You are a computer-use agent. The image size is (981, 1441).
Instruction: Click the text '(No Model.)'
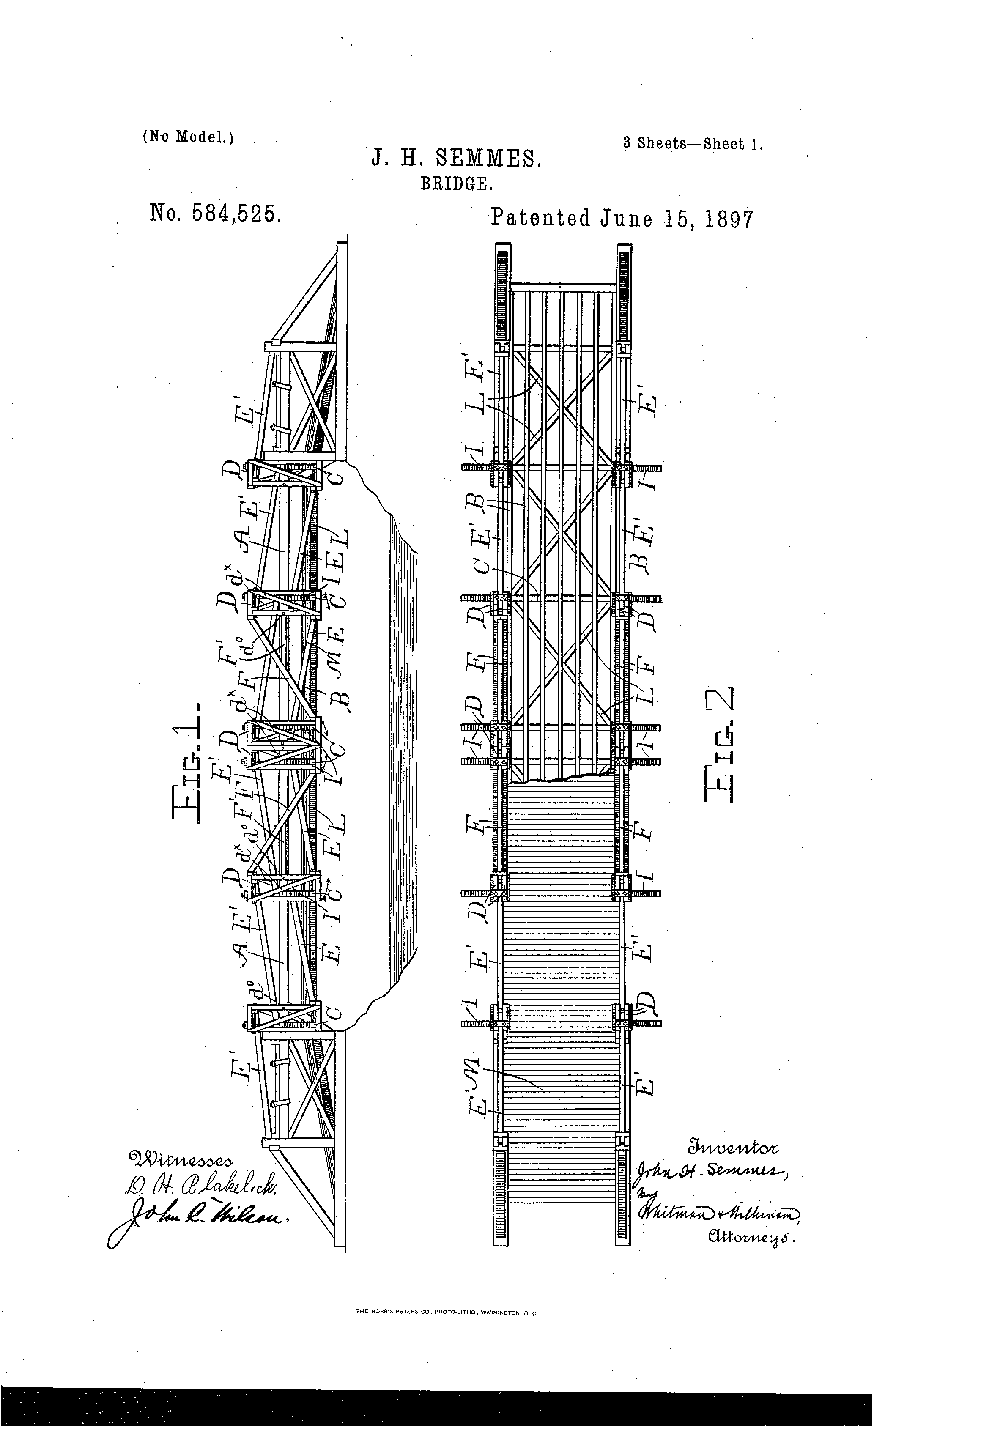(187, 137)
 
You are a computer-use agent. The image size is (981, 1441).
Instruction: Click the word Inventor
(732, 1147)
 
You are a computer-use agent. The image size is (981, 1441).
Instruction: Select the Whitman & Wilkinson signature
(719, 1212)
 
